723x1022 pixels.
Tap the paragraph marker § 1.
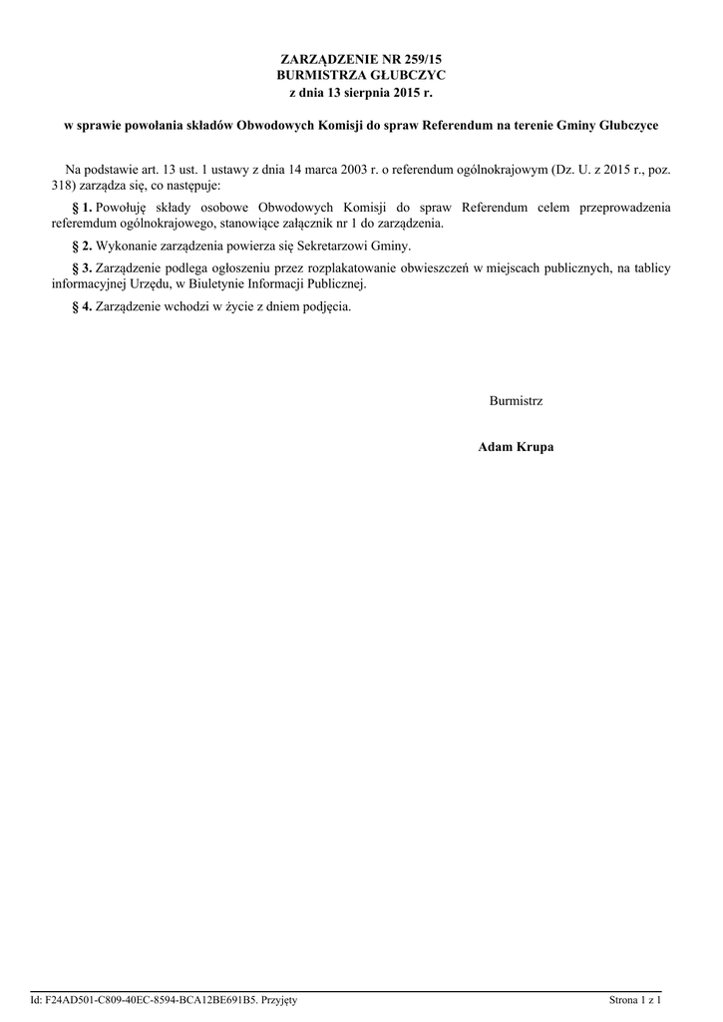pos(84,208)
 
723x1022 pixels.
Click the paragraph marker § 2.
pos(84,246)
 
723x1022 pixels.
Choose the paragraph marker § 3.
pos(84,267)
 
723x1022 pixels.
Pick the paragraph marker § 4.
pos(84,305)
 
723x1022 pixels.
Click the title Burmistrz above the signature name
pos(516,400)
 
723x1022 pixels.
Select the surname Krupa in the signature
pos(534,447)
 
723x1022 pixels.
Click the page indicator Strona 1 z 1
pos(636,999)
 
